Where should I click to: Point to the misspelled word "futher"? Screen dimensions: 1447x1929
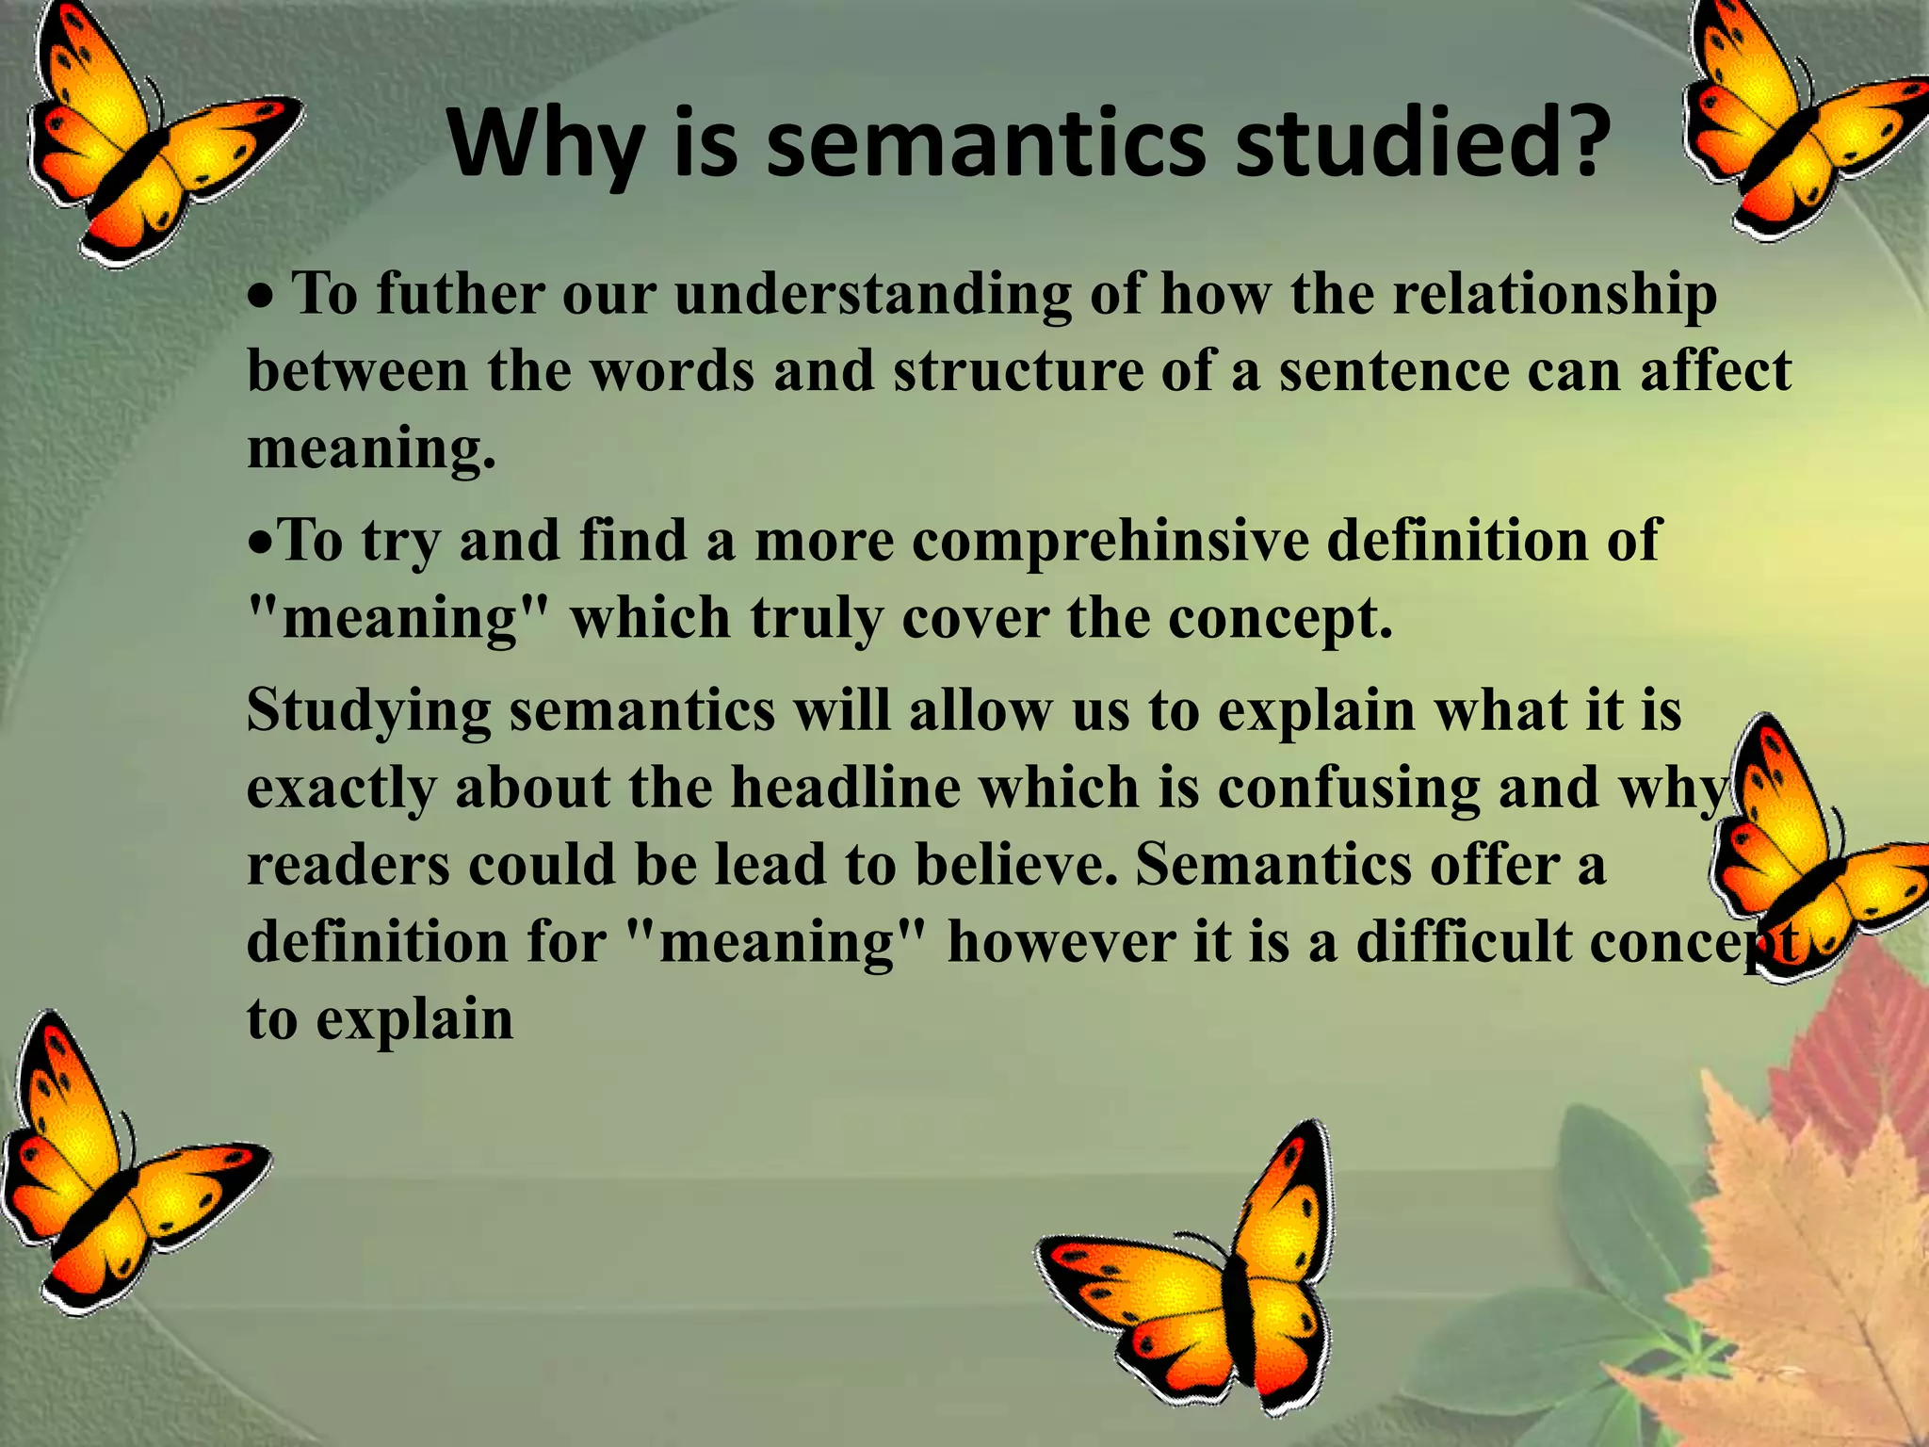pyautogui.click(x=460, y=294)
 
